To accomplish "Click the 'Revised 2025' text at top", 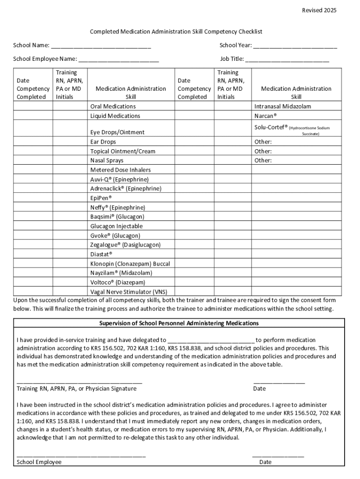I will coord(319,10).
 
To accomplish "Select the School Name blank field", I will coord(101,46).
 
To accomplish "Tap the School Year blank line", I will coord(295,46).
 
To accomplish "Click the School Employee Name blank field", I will coord(119,59).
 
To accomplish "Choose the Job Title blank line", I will coord(287,59).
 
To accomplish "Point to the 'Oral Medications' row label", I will coord(113,106).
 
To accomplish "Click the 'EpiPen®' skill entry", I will coord(101,198).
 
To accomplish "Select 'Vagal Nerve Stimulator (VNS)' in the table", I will coord(129,291).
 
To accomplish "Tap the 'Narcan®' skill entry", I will coord(266,116).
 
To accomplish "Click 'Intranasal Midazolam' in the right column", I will coord(282,106).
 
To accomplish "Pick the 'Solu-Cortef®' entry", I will coord(271,127).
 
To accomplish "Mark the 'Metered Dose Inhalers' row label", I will coord(120,170).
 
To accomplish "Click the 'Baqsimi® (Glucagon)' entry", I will coord(117,217).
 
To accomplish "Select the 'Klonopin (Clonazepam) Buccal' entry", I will coord(130,263).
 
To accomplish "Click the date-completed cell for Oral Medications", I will coord(33,106).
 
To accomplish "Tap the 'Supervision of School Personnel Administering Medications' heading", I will coord(179,323).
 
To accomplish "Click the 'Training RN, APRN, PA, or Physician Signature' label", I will coord(77,389).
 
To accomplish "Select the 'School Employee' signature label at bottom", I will coord(39,462).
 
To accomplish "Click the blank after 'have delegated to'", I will coord(210,340).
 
